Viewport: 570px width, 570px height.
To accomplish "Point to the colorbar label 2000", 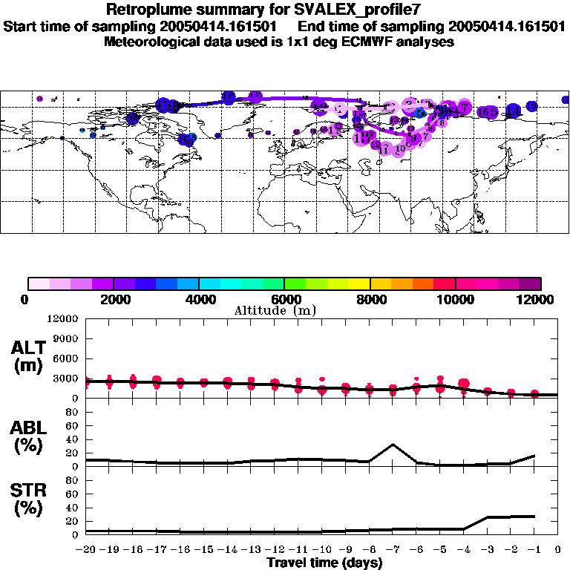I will pos(114,298).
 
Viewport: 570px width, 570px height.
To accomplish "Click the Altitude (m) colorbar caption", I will pos(275,310).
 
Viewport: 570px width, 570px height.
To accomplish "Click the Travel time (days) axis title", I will pos(324,563).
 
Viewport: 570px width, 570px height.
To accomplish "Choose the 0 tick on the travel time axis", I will pos(558,550).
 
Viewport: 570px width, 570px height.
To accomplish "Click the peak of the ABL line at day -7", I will pos(393,445).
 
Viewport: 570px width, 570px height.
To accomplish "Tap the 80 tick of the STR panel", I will pos(73,480).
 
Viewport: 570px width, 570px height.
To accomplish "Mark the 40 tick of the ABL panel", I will pos(73,439).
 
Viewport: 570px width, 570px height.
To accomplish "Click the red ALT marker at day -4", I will pos(464,384).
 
